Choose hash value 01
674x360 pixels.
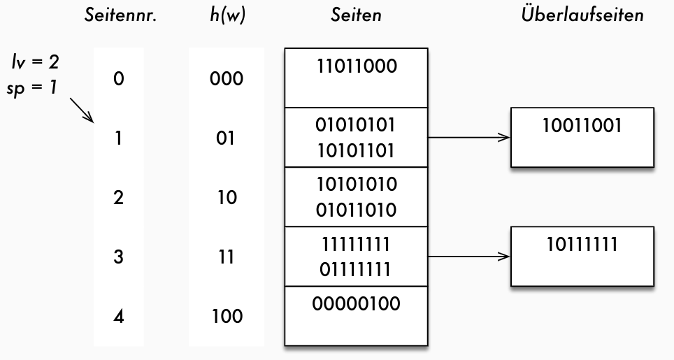click(x=226, y=138)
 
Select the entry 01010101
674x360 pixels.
click(x=356, y=126)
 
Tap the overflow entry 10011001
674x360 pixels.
click(x=582, y=126)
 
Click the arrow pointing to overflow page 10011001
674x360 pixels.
click(x=468, y=138)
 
